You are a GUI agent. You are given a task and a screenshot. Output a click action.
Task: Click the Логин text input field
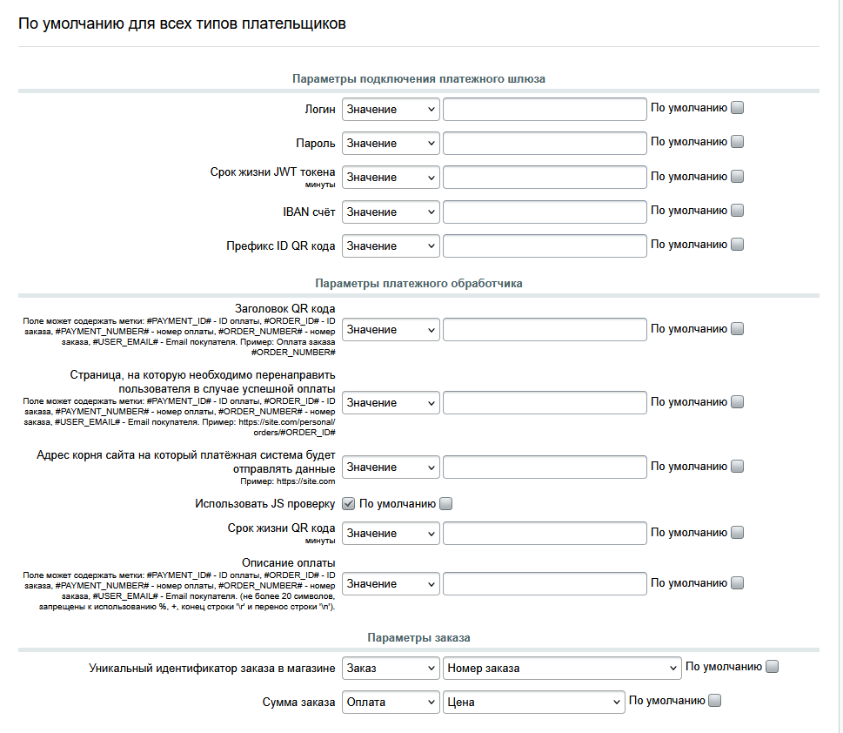[544, 109]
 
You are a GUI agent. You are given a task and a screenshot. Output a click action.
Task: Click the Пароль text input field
[544, 143]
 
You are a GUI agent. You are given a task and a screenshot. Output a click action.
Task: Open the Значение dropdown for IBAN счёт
[391, 212]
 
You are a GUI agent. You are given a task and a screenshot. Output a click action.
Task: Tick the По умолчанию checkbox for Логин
[738, 108]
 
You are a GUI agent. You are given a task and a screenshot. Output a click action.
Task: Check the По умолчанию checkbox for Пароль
[738, 142]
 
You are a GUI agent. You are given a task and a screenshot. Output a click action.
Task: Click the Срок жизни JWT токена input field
[544, 177]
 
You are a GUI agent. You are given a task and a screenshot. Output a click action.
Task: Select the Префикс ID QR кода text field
[544, 245]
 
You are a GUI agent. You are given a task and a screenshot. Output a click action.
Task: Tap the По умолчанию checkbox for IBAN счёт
[738, 210]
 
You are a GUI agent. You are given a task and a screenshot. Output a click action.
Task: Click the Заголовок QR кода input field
[544, 329]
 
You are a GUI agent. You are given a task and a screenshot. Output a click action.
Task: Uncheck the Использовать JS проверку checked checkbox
[348, 503]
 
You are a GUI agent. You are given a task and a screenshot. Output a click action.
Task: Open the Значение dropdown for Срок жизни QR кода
[391, 533]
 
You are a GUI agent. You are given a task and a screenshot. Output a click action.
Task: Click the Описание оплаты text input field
[544, 583]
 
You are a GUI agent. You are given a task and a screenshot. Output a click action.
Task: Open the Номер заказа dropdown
[561, 668]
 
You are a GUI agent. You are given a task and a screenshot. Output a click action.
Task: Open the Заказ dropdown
[391, 668]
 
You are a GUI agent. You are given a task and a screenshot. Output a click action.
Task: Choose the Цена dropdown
[533, 702]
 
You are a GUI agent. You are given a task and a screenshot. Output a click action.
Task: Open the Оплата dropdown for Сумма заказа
[391, 702]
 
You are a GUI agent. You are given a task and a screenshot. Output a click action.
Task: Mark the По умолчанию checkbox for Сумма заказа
[715, 700]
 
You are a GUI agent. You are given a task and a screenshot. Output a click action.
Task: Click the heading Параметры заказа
[418, 638]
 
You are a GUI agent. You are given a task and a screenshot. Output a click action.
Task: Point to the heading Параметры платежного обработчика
[418, 283]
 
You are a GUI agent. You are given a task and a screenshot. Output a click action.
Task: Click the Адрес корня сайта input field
[544, 467]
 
